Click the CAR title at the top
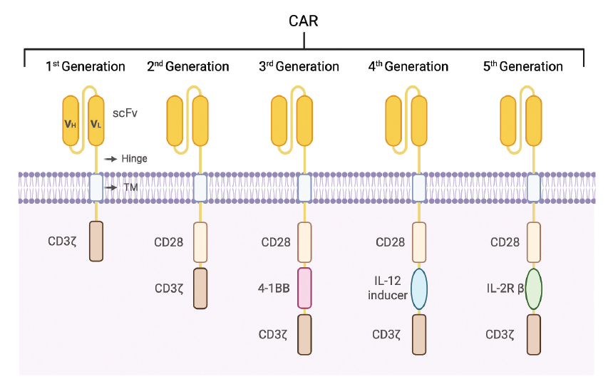coord(304,21)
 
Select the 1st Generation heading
coord(86,67)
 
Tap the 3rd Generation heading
coord(299,67)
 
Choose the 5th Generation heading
coord(523,67)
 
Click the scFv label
coord(125,113)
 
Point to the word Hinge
coord(135,159)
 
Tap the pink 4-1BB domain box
coord(304,288)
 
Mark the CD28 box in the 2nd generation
coord(200,242)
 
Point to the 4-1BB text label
coord(275,289)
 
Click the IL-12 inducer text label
coord(388,289)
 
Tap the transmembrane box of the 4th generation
coord(419,188)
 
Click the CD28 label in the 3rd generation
coord(276,242)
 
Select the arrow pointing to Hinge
coord(110,159)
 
